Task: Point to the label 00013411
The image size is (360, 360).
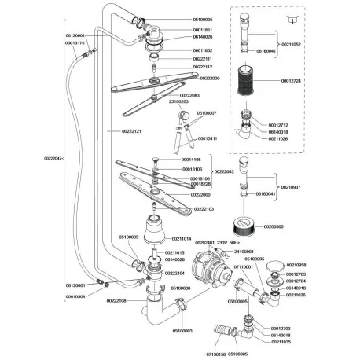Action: coord(208,138)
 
